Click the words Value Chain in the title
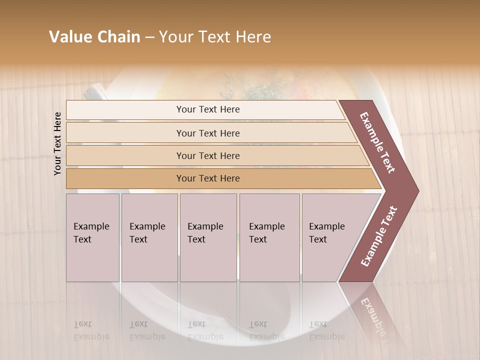coord(94,37)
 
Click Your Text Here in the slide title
coord(215,37)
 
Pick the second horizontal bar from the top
coord(208,133)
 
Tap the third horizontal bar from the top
coord(208,155)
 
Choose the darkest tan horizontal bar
coord(208,178)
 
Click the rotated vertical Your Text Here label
coord(57,143)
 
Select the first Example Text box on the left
coord(92,237)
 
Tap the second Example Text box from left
coord(149,237)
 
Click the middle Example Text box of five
coord(208,237)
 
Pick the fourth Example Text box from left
coord(269,237)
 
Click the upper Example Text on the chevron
coord(377,142)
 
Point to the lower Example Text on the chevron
coord(379,236)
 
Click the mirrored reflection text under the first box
coord(91,330)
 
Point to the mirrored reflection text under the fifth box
coord(327,330)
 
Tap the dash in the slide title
coord(149,37)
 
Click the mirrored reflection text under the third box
coord(205,330)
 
